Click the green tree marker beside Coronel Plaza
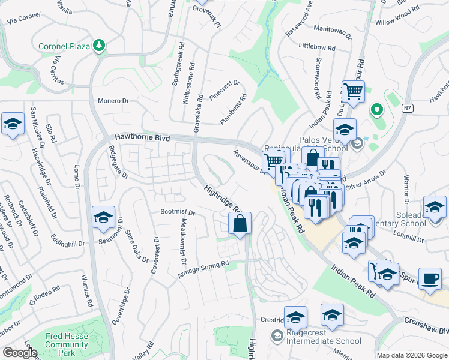pos(100,46)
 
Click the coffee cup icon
pos(429,279)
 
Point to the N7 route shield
pos(408,108)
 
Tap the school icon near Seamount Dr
pos(103,218)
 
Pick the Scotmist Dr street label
pos(178,212)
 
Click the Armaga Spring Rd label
pos(203,269)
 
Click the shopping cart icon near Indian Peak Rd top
pos(353,92)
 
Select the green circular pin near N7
pos(376,110)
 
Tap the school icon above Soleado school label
pos(434,207)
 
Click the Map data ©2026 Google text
pos(412,355)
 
